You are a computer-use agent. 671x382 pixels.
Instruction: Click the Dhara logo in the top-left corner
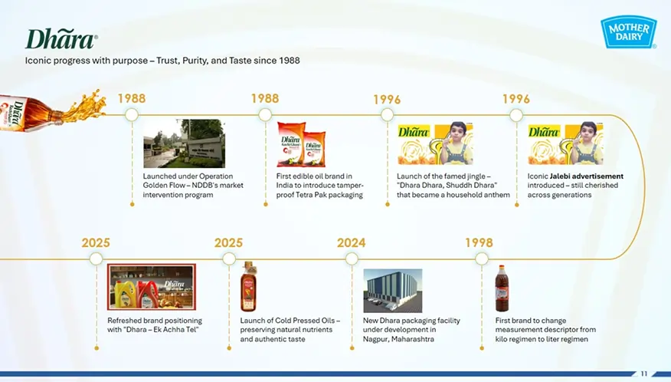61,39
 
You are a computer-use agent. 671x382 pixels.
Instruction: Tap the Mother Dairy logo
628,31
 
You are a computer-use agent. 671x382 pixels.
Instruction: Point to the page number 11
644,374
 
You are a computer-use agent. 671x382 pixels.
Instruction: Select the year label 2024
351,242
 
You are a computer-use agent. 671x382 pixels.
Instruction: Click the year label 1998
479,242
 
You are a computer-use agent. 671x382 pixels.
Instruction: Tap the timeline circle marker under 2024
351,259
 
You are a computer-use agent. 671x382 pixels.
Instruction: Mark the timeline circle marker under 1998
481,259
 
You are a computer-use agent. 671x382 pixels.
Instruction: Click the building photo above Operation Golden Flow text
184,143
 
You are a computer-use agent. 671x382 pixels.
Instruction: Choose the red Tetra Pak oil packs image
301,143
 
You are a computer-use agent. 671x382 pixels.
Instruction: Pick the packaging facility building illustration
392,290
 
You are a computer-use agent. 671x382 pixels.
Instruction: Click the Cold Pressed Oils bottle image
248,287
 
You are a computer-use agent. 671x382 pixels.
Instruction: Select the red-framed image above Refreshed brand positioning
152,287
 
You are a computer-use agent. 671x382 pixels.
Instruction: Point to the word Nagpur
376,339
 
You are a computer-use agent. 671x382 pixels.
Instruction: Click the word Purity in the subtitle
196,61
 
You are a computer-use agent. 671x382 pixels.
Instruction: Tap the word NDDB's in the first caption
211,186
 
